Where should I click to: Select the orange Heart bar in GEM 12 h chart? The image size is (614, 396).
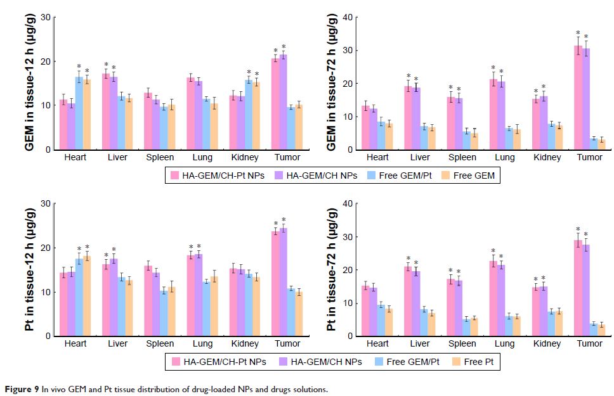point(87,115)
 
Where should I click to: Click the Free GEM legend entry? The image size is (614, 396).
point(474,176)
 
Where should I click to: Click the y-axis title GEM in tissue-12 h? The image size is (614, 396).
point(29,83)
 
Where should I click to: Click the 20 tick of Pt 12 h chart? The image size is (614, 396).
point(44,248)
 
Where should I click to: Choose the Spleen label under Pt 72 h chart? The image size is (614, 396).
point(462,344)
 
